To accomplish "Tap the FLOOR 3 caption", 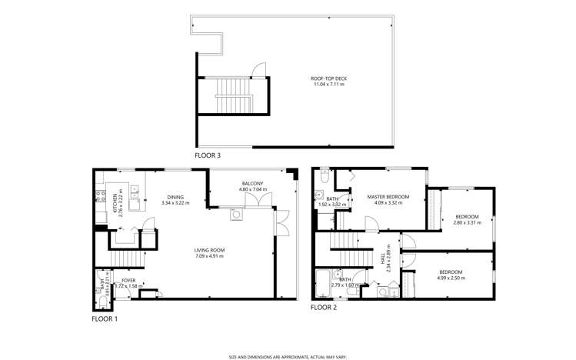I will [x=208, y=155].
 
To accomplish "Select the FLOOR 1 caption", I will [x=105, y=318].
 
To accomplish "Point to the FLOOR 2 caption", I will [x=324, y=308].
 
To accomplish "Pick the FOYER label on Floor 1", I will [x=128, y=280].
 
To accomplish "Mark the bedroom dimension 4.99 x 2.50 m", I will [x=451, y=277].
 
